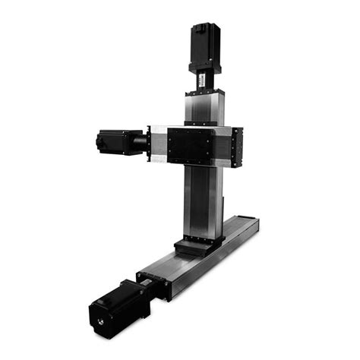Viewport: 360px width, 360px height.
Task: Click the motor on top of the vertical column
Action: tap(204, 46)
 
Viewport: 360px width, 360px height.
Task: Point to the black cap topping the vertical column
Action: tap(204, 90)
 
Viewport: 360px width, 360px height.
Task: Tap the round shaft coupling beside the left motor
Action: tap(140, 141)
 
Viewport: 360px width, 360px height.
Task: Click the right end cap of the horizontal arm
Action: tap(237, 146)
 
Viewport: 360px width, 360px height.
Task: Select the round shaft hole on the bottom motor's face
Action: tap(101, 322)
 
